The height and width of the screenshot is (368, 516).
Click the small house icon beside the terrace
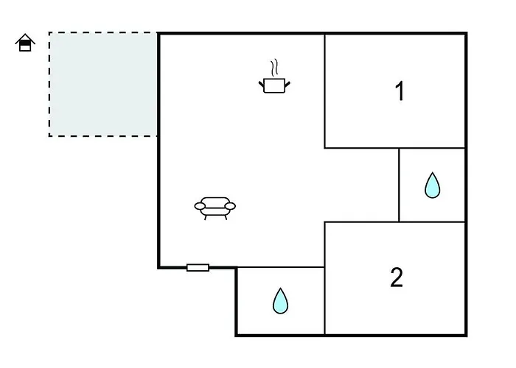click(26, 44)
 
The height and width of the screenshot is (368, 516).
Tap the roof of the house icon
click(26, 39)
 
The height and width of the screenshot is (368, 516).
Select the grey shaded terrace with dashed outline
click(103, 84)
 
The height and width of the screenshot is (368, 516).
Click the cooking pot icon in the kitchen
click(274, 83)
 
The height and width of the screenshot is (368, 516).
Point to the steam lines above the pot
click(275, 68)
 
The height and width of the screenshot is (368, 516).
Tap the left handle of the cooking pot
click(262, 84)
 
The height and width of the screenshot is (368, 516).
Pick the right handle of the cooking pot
click(287, 84)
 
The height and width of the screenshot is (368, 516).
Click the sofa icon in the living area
click(215, 208)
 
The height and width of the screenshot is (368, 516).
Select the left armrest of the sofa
click(200, 207)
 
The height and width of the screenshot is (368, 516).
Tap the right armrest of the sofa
click(231, 207)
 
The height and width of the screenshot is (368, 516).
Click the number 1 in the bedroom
click(400, 92)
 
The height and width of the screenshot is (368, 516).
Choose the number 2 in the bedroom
click(397, 277)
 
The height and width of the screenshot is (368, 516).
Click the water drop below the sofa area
click(280, 300)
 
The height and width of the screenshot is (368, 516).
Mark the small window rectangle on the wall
click(198, 267)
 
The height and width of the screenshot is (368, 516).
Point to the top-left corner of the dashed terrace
click(49, 33)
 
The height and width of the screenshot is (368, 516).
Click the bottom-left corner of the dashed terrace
click(49, 135)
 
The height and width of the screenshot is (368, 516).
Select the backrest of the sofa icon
click(215, 201)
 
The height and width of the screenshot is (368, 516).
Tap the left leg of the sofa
click(205, 217)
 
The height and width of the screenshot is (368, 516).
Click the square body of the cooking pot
click(274, 85)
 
